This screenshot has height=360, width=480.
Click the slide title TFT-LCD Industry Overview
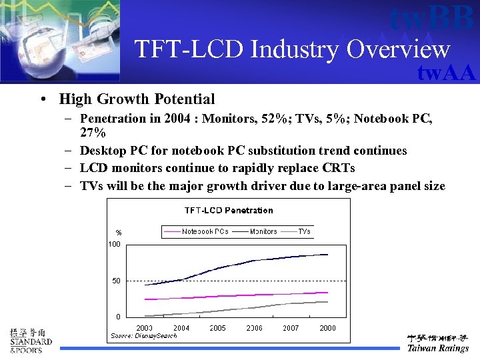point(292,49)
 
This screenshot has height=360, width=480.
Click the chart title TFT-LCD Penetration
point(229,211)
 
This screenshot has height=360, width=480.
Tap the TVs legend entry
point(304,231)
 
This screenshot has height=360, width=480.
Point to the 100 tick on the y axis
point(115,245)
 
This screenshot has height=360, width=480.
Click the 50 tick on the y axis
point(116,281)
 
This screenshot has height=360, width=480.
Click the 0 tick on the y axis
point(118,317)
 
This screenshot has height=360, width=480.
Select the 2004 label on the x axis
point(181,328)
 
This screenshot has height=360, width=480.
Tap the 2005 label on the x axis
point(217,328)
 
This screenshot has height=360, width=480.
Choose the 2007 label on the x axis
point(291,328)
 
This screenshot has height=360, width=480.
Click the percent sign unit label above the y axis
point(119,233)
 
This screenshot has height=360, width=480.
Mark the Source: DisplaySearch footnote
point(144,336)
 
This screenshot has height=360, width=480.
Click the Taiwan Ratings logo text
point(438,348)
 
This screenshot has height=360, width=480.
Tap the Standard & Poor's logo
point(30,341)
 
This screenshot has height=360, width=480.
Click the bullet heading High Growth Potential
point(137,99)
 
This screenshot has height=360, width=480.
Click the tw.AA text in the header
point(446,73)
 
